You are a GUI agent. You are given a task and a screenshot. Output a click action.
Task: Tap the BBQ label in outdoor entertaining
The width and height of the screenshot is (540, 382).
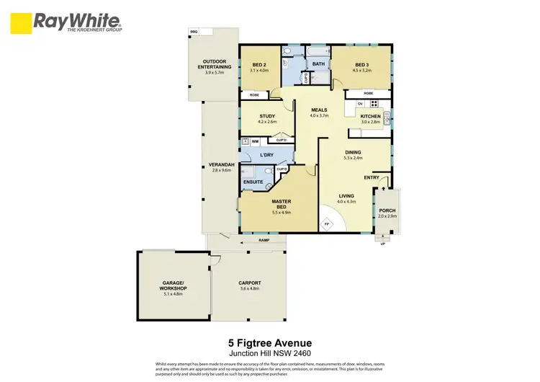pyautogui.click(x=193, y=33)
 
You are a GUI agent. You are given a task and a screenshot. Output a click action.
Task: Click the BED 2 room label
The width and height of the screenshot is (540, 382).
pyautogui.click(x=258, y=65)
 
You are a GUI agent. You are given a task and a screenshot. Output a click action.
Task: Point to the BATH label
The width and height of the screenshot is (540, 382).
pyautogui.click(x=318, y=63)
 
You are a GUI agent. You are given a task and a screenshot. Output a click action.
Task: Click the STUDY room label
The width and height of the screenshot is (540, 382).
pyautogui.click(x=258, y=116)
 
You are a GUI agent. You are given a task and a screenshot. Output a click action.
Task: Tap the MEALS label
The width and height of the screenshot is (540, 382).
pyautogui.click(x=319, y=110)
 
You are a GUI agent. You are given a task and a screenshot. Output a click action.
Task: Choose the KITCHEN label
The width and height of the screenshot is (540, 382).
pyautogui.click(x=370, y=116)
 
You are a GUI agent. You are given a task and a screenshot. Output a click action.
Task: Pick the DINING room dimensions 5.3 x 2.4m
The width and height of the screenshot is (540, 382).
pyautogui.click(x=353, y=157)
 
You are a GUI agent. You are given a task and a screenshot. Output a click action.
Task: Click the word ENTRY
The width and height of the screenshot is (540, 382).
pyautogui.click(x=372, y=177)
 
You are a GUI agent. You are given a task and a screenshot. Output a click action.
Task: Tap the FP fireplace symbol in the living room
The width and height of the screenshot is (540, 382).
pyautogui.click(x=327, y=225)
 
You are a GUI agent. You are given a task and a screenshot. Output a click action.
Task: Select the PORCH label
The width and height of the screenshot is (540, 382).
pyautogui.click(x=387, y=211)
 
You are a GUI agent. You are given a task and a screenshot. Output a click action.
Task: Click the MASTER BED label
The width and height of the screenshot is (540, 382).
pyautogui.click(x=281, y=206)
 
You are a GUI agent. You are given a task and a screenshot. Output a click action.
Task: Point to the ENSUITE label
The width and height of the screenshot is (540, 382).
pyautogui.click(x=252, y=182)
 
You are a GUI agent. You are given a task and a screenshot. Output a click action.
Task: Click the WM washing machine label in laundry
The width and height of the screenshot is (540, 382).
pyautogui.click(x=255, y=141)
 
